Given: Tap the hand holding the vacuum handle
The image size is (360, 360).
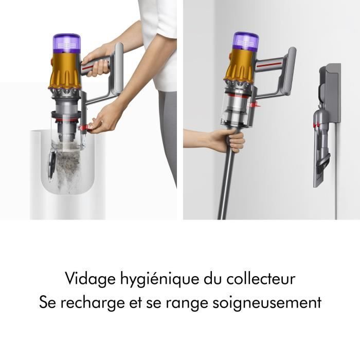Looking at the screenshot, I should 98,59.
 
